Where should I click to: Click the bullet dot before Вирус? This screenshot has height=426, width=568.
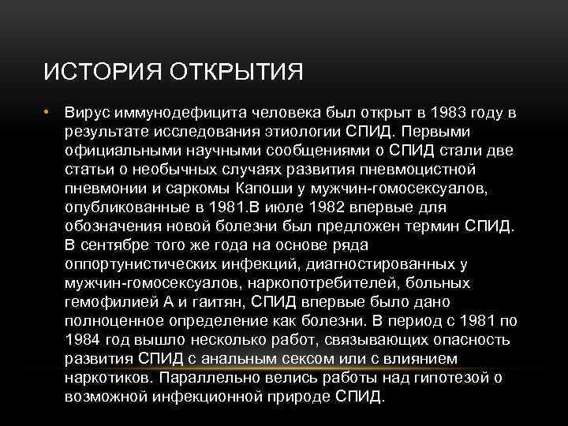tap(47, 112)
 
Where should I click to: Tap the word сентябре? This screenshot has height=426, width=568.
tap(121, 245)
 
